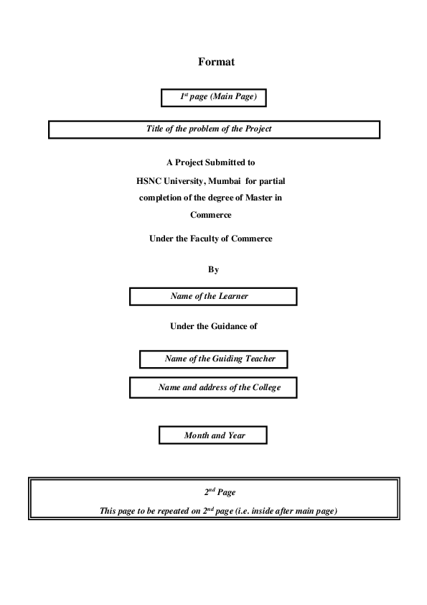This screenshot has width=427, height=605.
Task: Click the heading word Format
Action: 216,63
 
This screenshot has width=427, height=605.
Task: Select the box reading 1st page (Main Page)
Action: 217,96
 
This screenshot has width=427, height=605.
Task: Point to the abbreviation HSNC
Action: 150,180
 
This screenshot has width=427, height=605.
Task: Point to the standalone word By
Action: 213,269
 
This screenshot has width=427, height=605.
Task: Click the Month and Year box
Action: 213,435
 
